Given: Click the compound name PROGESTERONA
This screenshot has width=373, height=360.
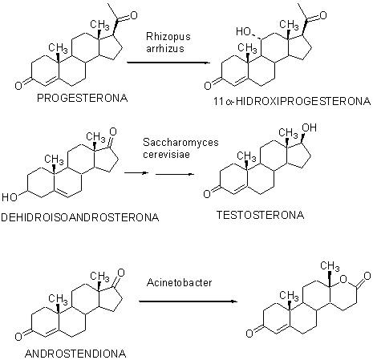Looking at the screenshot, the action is coord(83,98).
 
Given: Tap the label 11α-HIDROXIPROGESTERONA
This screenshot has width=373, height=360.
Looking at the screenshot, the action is coord(292,101).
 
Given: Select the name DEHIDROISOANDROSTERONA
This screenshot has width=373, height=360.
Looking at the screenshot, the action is coord(80,217).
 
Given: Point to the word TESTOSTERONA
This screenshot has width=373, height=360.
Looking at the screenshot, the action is coord(260,215).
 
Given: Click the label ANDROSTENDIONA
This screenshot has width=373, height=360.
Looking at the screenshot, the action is coord(75,354).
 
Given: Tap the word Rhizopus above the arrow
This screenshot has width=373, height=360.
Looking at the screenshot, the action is coord(168,37).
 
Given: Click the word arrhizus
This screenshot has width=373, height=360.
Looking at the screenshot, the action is coord(165,48).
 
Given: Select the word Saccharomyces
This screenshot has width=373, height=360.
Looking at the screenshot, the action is coord(180,143).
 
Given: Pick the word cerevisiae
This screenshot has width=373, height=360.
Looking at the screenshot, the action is coord(166,154).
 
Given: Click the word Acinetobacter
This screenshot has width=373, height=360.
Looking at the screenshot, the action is coord(179,282).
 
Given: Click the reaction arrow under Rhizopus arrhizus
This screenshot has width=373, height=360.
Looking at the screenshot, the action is coord(168,63).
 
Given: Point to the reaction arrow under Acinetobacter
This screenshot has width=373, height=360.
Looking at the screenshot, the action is coord(188,301).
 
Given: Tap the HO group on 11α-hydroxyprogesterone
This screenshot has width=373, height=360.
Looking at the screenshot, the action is coord(243,31).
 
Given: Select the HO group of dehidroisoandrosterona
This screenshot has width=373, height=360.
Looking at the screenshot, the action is coord(10,197).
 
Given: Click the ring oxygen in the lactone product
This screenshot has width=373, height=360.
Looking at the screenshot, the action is coord(343,280).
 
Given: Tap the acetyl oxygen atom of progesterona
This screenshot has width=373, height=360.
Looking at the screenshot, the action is coord(133,15).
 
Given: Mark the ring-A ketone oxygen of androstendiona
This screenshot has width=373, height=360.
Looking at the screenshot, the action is coord(18,337).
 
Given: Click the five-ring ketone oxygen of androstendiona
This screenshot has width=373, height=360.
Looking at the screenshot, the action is coord(121,273).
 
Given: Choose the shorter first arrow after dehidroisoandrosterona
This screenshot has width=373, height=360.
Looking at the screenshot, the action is coord(136,173).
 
